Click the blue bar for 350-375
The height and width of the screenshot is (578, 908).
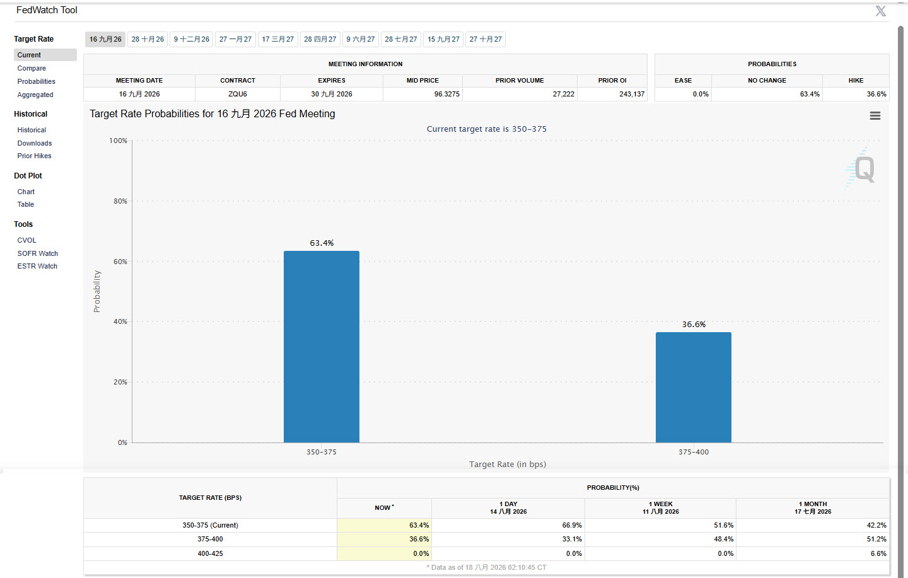[x=322, y=347]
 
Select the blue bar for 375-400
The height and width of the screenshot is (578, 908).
[x=694, y=387]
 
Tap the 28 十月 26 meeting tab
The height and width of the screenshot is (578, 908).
[x=148, y=39]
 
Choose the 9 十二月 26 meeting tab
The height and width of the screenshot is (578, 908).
[x=191, y=39]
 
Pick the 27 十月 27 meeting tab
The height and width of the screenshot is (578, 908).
[x=486, y=39]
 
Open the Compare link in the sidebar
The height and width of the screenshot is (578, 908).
[x=32, y=68]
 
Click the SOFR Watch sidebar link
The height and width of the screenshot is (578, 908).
[x=38, y=253]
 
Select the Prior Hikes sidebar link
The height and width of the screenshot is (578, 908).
[x=35, y=156]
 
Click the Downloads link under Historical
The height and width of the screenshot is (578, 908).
[x=35, y=143]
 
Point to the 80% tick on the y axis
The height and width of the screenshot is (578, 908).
[x=120, y=201]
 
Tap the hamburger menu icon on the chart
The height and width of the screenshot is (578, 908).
[x=875, y=116]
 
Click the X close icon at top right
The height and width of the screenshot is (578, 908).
[x=880, y=11]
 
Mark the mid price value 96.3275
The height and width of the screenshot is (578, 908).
[x=446, y=94]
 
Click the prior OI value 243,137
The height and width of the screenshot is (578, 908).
[x=632, y=94]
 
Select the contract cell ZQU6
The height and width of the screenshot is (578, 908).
[x=238, y=94]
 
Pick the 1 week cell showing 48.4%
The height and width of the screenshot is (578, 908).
[x=724, y=539]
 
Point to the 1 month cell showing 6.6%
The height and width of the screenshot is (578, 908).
[x=878, y=553]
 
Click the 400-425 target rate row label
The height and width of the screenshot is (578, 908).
[x=210, y=553]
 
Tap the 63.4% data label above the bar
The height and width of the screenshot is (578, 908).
[x=322, y=243]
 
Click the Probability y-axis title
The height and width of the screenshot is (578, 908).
[x=96, y=291]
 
